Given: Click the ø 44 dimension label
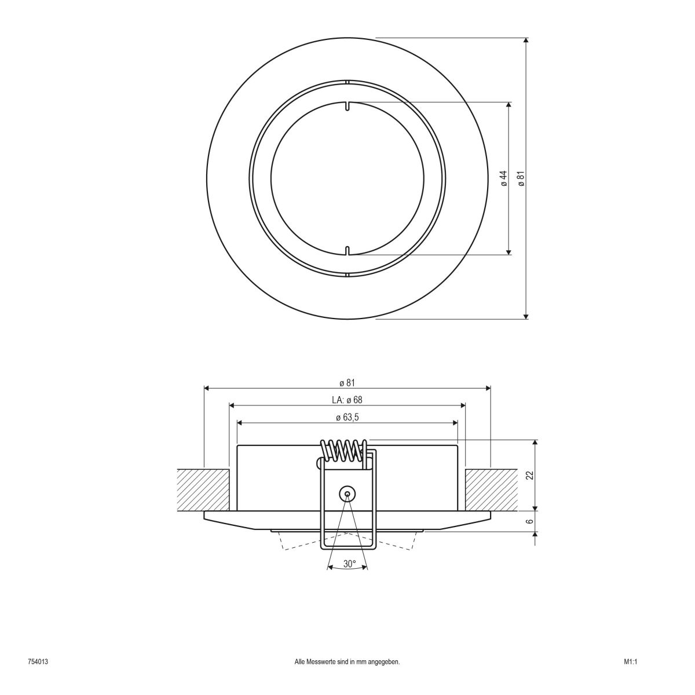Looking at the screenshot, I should pos(503,178).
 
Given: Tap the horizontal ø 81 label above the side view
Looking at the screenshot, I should pos(347,383).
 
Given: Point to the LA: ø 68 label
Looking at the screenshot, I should pos(347,400).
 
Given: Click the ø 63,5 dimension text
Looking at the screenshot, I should pos(347,417).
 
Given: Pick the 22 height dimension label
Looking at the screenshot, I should pos(529,475).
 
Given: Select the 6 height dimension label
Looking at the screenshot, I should pos(529,521).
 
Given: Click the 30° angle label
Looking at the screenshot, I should pos(349,564).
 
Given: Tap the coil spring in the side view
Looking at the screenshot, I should pos(344,451).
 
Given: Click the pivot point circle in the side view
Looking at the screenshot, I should pos(347,493).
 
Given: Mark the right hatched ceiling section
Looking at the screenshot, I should pos(491,489).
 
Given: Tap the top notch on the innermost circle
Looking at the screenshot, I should pos(347,106).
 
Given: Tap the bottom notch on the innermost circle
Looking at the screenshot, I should pos(347,250).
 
